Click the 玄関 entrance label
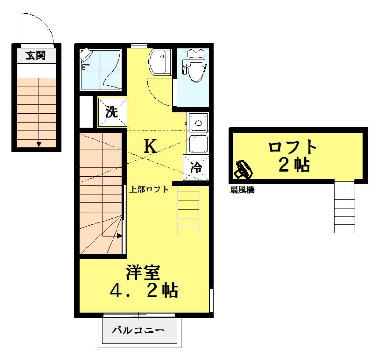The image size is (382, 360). coord(36,55)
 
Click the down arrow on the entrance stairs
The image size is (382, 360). coord(39,143)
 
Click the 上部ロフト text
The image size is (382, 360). coord(149,189)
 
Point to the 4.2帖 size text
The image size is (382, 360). coord(143,291)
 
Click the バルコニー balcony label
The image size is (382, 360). coord(138,330)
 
